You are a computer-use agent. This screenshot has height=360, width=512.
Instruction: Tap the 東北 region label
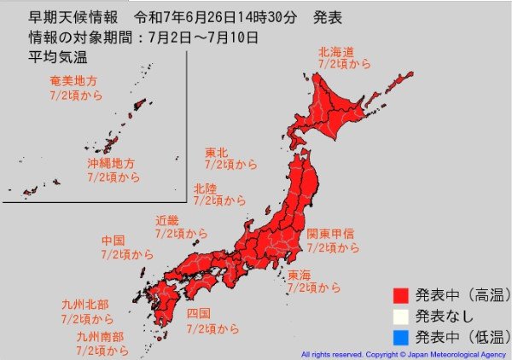(x=216, y=154)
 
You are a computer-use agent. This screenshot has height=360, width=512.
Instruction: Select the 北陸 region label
(x=204, y=188)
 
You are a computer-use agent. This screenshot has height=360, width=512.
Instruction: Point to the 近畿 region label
(x=166, y=220)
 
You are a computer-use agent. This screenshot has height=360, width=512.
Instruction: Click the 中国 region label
(x=113, y=241)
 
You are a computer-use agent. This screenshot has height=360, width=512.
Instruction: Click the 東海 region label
(x=300, y=276)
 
